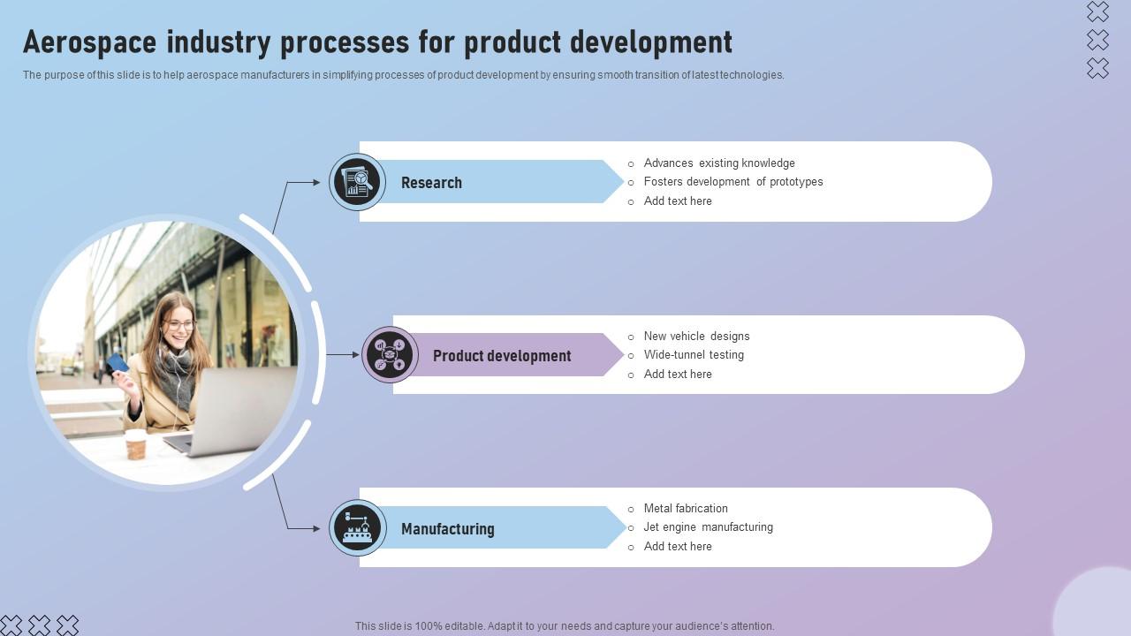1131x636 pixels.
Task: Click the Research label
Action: [431, 183]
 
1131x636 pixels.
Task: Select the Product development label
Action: [502, 356]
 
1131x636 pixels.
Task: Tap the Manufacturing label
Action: [447, 529]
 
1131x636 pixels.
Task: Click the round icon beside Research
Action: [357, 182]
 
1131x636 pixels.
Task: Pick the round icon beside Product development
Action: [390, 355]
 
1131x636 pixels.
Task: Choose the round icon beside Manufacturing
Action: [357, 528]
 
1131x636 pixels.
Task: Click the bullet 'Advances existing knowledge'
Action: [718, 163]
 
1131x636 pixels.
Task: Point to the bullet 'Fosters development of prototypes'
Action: [732, 182]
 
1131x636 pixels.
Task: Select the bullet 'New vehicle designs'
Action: [696, 337]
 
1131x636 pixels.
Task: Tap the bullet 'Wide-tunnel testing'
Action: [694, 355]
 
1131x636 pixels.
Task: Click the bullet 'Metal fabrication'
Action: [686, 509]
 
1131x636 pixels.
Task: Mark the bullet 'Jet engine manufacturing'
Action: [708, 527]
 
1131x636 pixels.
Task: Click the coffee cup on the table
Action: [135, 444]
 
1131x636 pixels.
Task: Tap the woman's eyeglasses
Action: [179, 325]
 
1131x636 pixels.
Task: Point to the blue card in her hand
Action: [118, 363]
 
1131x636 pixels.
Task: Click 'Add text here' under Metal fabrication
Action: [677, 547]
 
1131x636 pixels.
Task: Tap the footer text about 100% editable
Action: [565, 626]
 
